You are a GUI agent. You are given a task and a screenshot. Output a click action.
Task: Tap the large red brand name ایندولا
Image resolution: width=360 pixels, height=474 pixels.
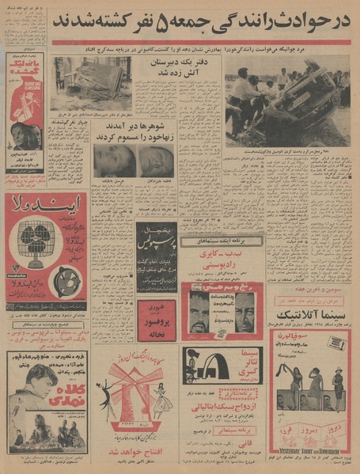tap(45, 207)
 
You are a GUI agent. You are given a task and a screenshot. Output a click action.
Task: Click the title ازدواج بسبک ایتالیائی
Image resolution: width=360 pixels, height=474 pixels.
tap(222, 411)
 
